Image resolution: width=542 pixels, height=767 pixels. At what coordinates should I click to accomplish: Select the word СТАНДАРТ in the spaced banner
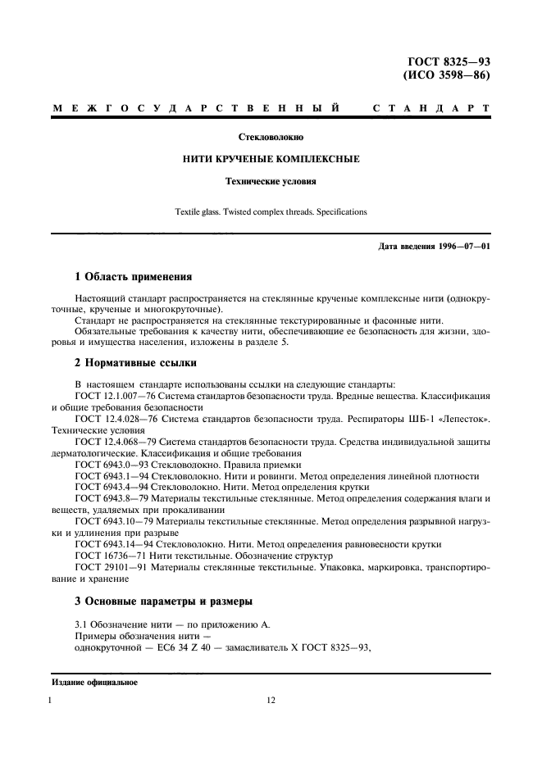pos(431,108)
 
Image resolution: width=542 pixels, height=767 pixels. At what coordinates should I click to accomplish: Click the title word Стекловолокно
pos(271,137)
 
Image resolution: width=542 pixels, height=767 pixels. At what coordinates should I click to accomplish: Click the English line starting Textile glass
pos(271,211)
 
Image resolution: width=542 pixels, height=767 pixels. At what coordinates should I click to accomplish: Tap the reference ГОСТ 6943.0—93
pos(107,464)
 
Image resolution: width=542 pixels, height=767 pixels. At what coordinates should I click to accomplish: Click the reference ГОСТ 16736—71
pos(107,555)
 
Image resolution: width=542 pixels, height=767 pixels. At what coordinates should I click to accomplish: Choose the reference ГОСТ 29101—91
pos(107,566)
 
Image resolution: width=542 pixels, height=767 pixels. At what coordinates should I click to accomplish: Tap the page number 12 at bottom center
pos(271,701)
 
